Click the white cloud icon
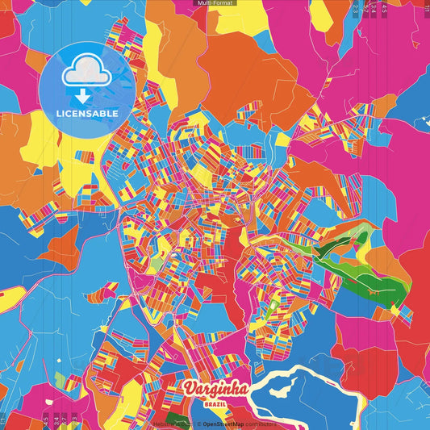point(86,73)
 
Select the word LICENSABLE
point(86,114)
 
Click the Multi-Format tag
point(215,4)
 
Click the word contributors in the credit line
point(262,422)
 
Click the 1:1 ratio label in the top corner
point(426,6)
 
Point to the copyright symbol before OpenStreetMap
point(198,422)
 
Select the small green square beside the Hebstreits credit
point(173,419)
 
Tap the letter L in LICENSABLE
point(57,114)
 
